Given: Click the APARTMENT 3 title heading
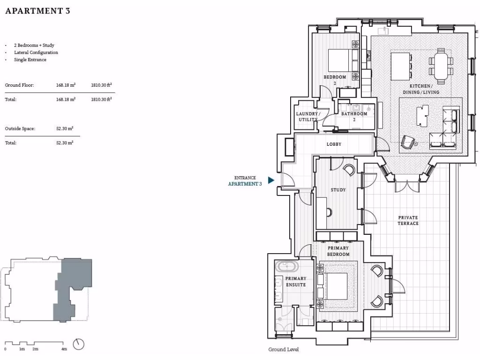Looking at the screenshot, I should pyautogui.click(x=37, y=11).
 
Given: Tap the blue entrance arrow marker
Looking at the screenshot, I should pyautogui.click(x=271, y=180).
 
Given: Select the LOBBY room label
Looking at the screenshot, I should pyautogui.click(x=334, y=144).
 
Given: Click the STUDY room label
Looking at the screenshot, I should pyautogui.click(x=338, y=190).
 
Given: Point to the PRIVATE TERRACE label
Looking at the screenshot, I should pyautogui.click(x=408, y=220).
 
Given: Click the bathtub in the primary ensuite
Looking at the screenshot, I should pyautogui.click(x=286, y=267).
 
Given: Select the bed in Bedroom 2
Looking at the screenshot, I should pyautogui.click(x=340, y=60).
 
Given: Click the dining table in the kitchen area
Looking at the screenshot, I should pyautogui.click(x=441, y=65).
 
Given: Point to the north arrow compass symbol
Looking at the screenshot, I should pyautogui.click(x=79, y=344).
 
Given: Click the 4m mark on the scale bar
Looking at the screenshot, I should pyautogui.click(x=64, y=349).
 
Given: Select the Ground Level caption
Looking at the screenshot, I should pyautogui.click(x=283, y=350).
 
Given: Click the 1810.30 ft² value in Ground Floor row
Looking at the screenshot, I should pyautogui.click(x=101, y=85).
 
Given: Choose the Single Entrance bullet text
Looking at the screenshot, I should pyautogui.click(x=30, y=60).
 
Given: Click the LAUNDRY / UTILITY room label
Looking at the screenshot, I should pyautogui.click(x=308, y=117).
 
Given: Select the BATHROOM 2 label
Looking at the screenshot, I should pyautogui.click(x=354, y=116).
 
